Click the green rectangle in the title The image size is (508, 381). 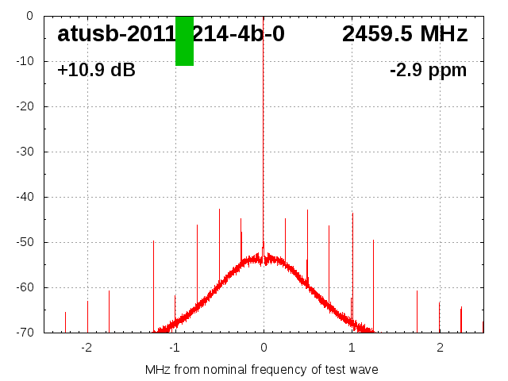coord(184,40)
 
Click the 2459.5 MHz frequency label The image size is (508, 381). coord(405,34)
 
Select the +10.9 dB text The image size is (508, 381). coord(96,70)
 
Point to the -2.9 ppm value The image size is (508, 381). coord(428,70)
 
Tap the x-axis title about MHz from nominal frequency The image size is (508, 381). coord(261,369)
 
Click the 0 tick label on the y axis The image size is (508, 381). coord(29,15)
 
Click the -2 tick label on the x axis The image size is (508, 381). coord(86,348)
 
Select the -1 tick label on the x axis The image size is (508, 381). coord(174,348)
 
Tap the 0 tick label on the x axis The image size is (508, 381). coord(264,348)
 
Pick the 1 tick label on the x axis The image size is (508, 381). coord(352,348)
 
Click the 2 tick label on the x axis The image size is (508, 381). coord(440,348)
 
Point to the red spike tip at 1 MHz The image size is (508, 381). coord(352,213)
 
